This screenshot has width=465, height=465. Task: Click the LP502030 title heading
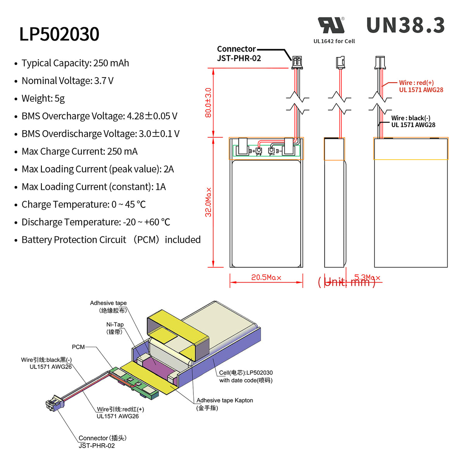pyautogui.click(x=59, y=34)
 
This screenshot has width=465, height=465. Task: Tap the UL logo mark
pyautogui.click(x=331, y=26)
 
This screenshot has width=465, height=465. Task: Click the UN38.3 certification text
pyautogui.click(x=405, y=26)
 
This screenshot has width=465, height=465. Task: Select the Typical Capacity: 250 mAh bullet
pyautogui.click(x=75, y=63)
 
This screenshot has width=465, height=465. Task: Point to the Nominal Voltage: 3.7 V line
pyautogui.click(x=67, y=81)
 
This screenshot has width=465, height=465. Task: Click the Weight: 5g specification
pyautogui.click(x=43, y=98)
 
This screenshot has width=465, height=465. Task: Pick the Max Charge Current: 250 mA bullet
pyautogui.click(x=79, y=152)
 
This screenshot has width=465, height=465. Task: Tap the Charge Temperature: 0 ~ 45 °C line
pyautogui.click(x=84, y=205)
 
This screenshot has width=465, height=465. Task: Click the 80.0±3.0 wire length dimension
pyautogui.click(x=208, y=103)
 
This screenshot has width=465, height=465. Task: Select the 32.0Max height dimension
pyautogui.click(x=208, y=202)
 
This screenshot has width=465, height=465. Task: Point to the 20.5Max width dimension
pyautogui.click(x=266, y=277)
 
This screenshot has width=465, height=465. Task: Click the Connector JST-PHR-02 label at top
pyautogui.click(x=239, y=54)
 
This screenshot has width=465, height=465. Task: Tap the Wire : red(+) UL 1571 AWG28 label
pyautogui.click(x=421, y=86)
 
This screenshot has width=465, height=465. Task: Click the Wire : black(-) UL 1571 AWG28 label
pyautogui.click(x=413, y=121)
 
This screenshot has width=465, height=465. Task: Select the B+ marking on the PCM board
pyautogui.click(x=252, y=151)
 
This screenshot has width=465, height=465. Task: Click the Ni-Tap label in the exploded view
pyautogui.click(x=115, y=328)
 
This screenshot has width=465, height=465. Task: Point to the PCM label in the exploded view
pyautogui.click(x=78, y=347)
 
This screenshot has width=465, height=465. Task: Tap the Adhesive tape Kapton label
pyautogui.click(x=224, y=404)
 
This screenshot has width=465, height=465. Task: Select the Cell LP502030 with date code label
pyautogui.click(x=246, y=376)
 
